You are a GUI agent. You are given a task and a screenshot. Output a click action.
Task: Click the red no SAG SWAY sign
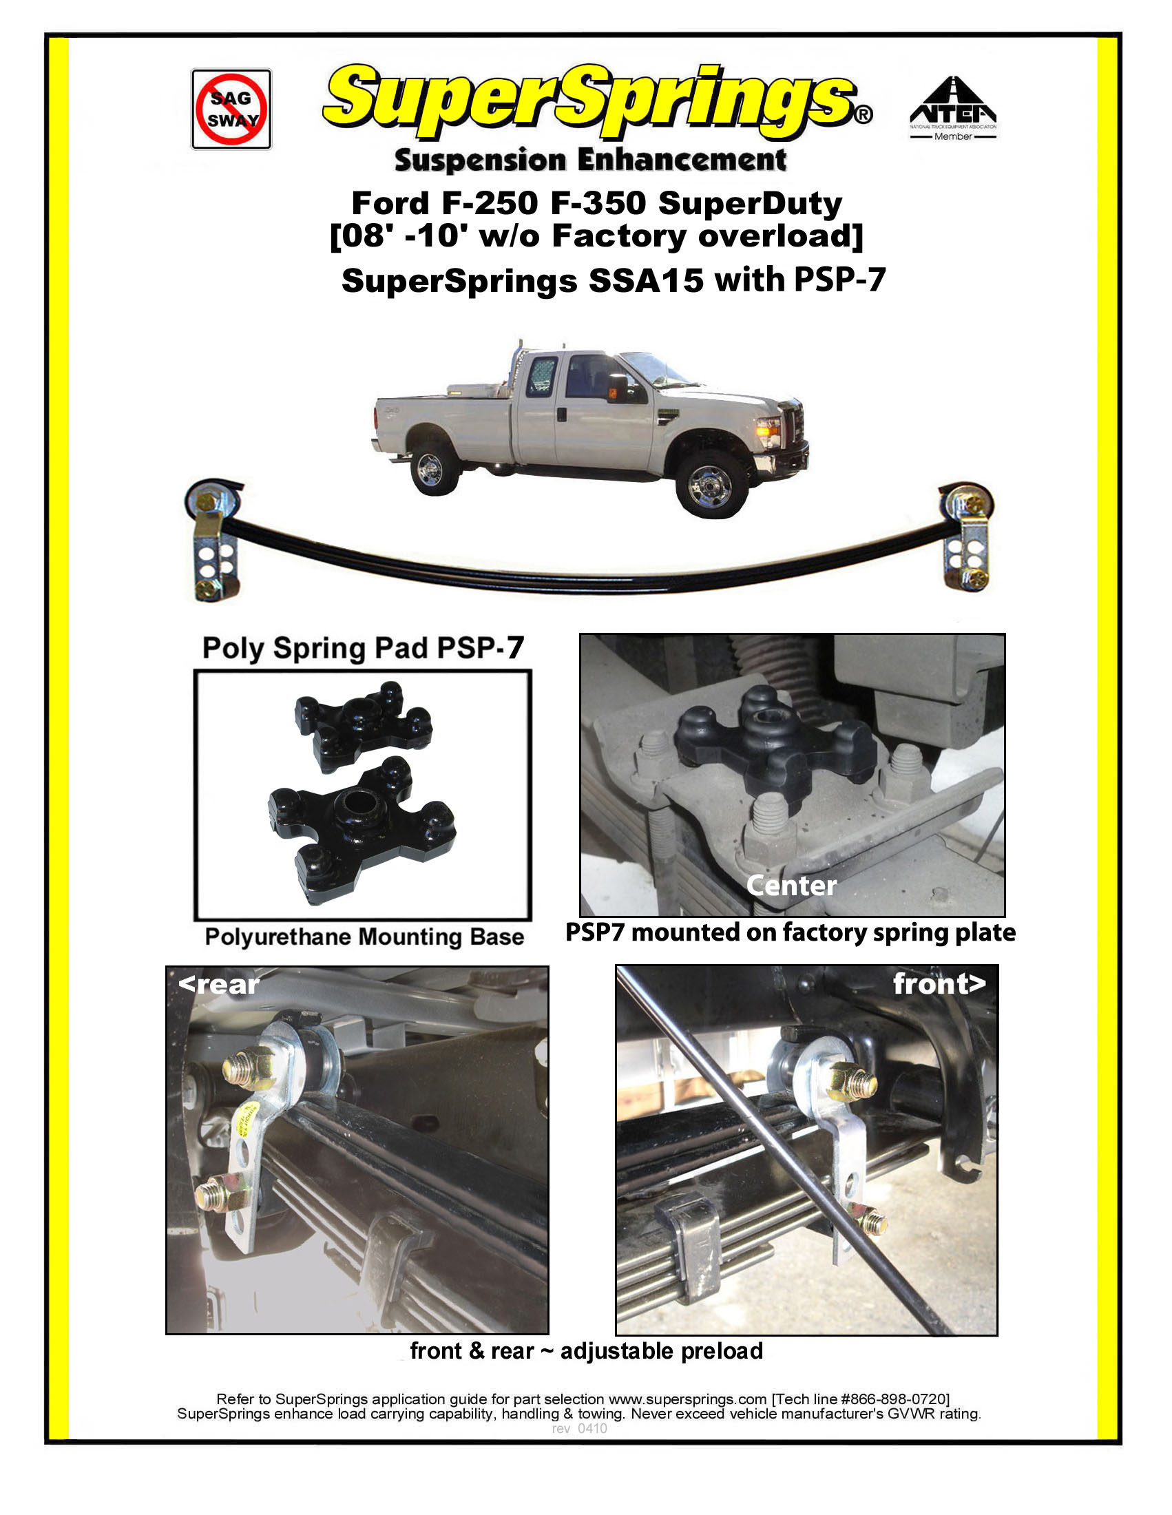(231, 109)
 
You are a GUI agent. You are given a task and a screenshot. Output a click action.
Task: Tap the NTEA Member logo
(953, 107)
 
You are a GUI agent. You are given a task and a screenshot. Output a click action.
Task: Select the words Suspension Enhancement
(590, 160)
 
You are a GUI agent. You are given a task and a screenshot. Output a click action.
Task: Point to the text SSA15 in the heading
(645, 281)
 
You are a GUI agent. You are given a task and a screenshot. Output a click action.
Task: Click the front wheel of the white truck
(712, 483)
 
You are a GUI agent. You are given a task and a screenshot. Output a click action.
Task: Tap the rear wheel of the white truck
(435, 469)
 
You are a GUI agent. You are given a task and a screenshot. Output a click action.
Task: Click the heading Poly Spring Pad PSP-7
(363, 648)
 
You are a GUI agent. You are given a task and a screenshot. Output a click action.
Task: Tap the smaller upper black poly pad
(363, 725)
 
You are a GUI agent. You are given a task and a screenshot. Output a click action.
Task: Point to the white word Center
(791, 886)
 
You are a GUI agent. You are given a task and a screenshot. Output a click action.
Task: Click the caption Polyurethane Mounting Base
(364, 937)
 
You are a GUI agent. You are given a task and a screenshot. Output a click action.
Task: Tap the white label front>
(939, 983)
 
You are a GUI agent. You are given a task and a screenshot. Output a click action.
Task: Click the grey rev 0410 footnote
(579, 1429)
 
